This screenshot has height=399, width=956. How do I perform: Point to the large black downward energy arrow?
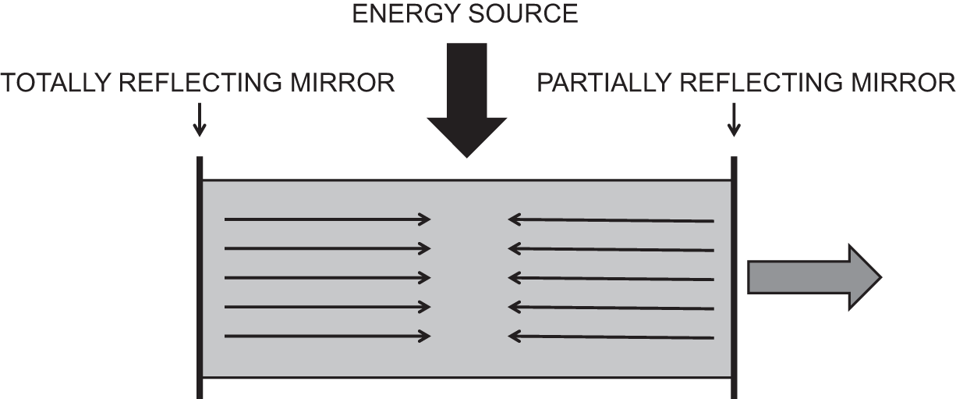(466, 102)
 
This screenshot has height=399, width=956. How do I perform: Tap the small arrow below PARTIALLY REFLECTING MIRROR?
(733, 119)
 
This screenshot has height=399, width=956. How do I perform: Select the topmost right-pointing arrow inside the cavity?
(328, 220)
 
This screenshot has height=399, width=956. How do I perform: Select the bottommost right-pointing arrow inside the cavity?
(328, 336)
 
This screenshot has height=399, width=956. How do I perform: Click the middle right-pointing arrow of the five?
(328, 278)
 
